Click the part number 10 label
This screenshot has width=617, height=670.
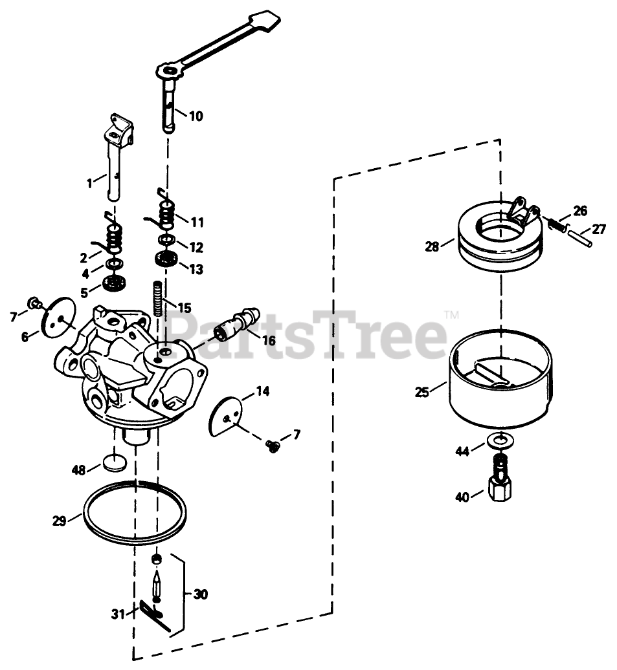[196, 116]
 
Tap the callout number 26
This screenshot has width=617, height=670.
[579, 211]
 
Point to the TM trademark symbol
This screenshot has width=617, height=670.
[451, 316]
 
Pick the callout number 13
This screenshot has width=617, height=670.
[196, 268]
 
